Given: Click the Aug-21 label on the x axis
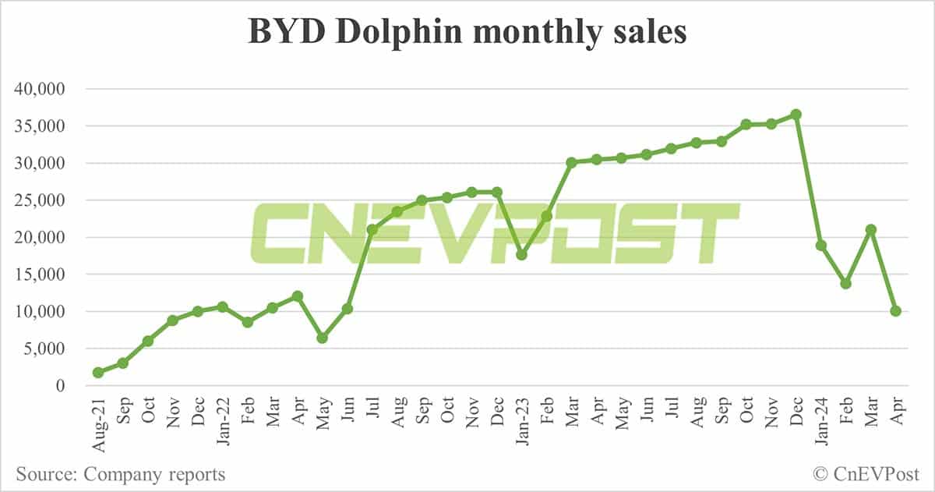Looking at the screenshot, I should pos(97,422).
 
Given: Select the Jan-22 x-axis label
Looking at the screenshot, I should pos(222,422).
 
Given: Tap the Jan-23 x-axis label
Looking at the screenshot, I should pos(521,422).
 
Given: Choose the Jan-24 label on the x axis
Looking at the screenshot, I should pos(820,422).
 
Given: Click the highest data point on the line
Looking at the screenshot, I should pos(796,115).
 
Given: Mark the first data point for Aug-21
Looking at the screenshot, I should pos(97,373).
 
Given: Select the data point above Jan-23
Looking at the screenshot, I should pos(521,255).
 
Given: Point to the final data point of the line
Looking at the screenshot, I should pos(895,311).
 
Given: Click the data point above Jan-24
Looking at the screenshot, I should pos(820,246).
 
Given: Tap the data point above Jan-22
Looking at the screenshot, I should pos(222,306).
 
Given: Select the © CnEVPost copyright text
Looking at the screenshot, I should pos(866,474).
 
